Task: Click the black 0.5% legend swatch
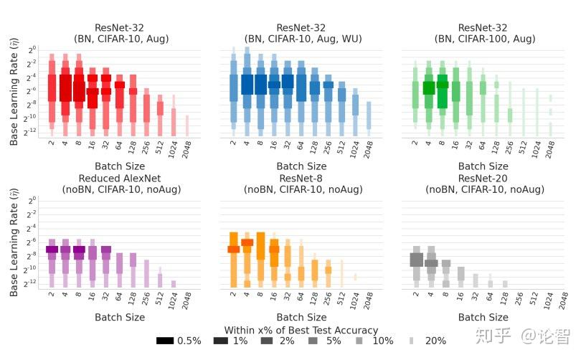pyautogui.click(x=165, y=341)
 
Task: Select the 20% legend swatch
pyautogui.click(x=412, y=341)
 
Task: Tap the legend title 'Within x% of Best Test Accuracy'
pyautogui.click(x=301, y=330)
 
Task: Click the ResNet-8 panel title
pyautogui.click(x=301, y=184)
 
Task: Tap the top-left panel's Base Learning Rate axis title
pyautogui.click(x=14, y=93)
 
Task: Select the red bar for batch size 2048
pyautogui.click(x=187, y=125)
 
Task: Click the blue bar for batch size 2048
pyautogui.click(x=369, y=115)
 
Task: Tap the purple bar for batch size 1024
pyautogui.click(x=174, y=283)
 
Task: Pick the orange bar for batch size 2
pyautogui.click(x=233, y=258)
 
